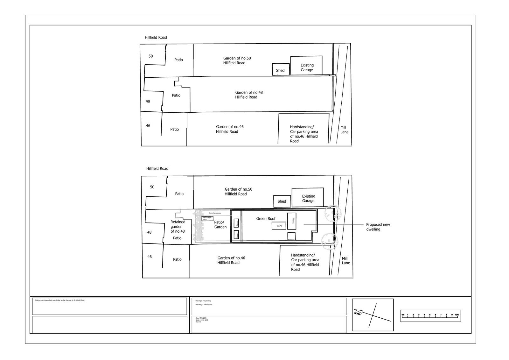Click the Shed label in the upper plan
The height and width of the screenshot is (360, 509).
point(280,70)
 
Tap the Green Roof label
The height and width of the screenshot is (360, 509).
point(266,218)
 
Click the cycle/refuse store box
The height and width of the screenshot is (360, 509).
point(207,218)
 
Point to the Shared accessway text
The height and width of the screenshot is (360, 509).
point(215,213)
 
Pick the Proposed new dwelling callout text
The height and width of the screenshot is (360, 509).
point(378,227)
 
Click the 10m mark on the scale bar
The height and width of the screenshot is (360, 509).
point(457,315)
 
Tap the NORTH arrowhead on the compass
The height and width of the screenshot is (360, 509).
point(358,311)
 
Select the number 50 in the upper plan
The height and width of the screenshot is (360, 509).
point(150,56)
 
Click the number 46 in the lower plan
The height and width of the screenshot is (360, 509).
point(149,257)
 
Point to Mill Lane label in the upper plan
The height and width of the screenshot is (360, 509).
point(344,130)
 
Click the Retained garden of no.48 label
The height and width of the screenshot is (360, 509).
point(178,226)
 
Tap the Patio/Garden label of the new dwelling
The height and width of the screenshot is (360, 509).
point(220,224)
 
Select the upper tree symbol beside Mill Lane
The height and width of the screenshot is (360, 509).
point(333,213)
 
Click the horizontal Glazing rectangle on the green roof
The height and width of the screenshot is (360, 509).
point(279,226)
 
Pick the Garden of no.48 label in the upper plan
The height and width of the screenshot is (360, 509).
point(249,95)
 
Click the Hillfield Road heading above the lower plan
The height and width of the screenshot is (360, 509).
point(157,168)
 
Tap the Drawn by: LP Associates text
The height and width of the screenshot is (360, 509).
point(204,305)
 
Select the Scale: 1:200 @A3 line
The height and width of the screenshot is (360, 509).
point(202,320)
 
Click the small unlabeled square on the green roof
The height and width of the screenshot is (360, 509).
point(291,236)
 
